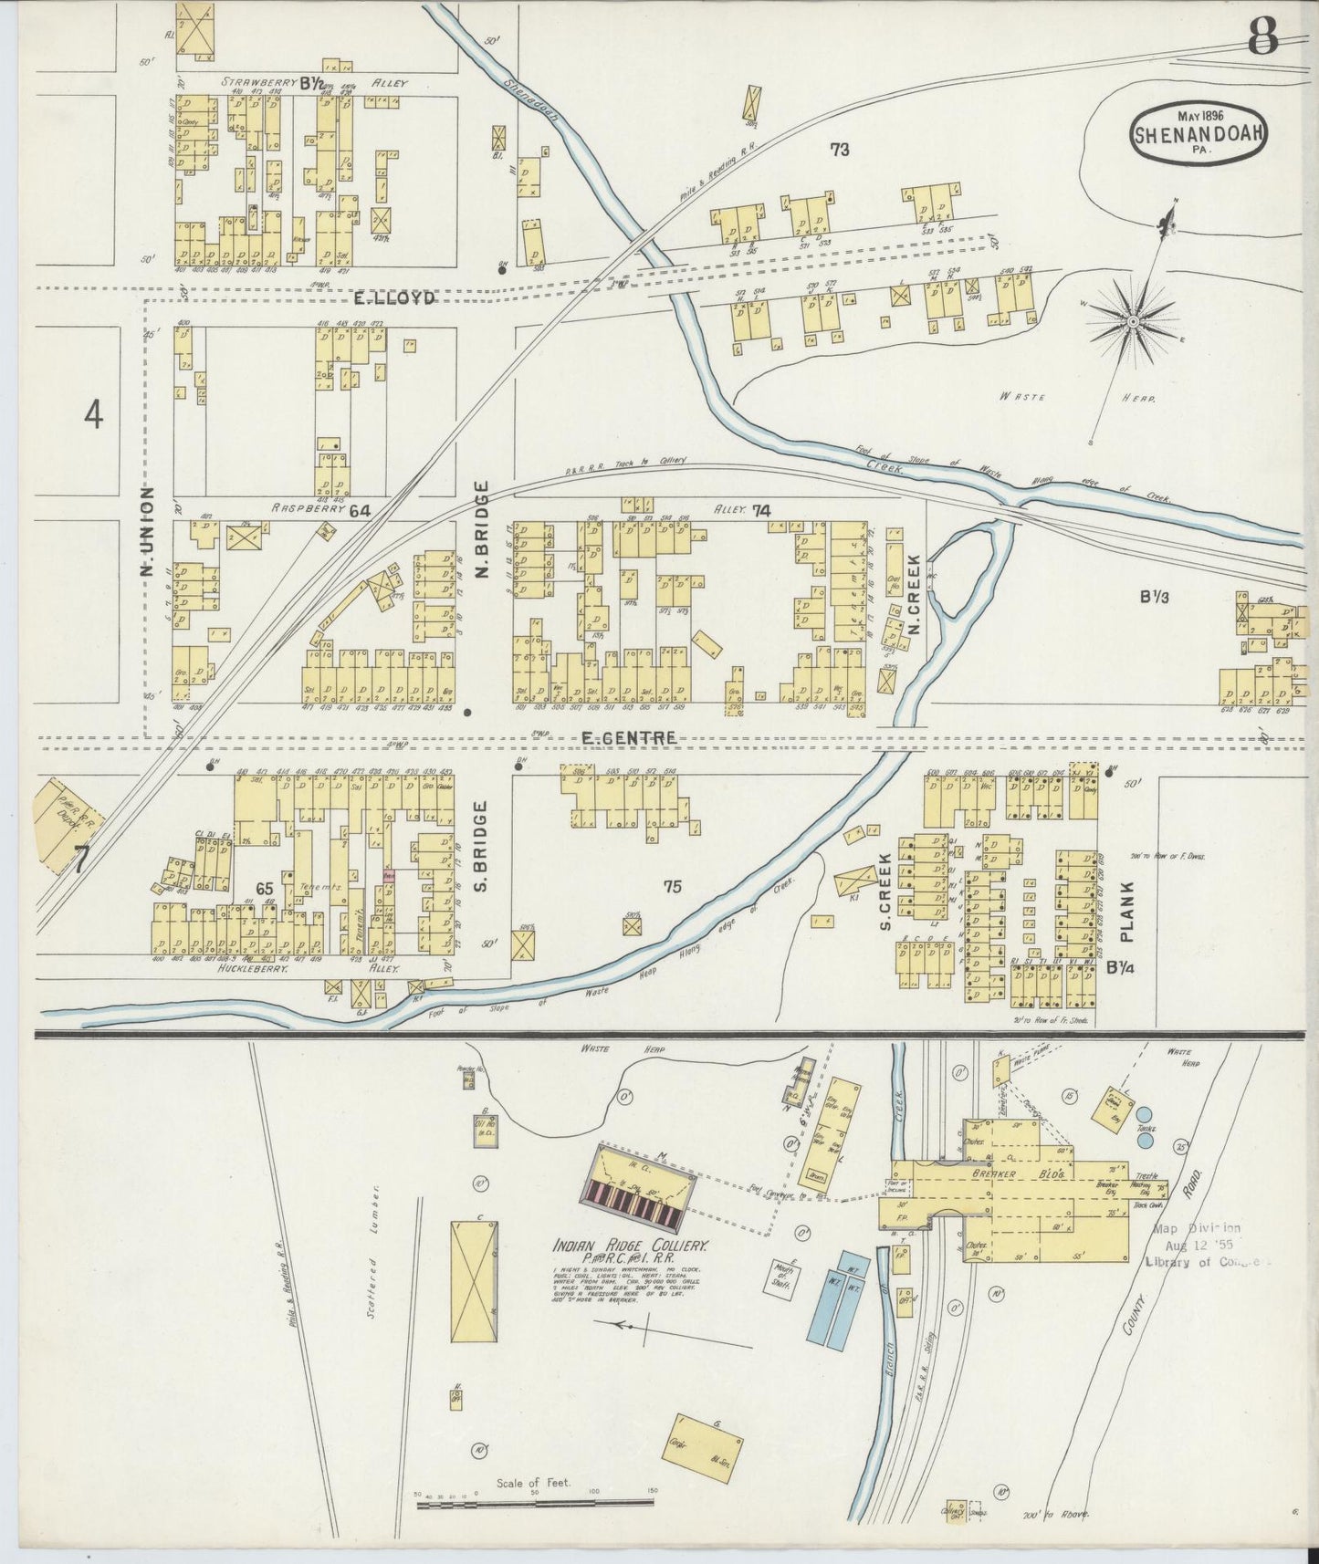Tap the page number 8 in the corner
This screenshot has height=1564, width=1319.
(1265, 37)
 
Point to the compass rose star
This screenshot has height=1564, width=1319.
(1132, 321)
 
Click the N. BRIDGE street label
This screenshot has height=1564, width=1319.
(483, 531)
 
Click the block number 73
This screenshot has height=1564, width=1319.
(840, 150)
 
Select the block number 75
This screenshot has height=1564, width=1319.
(673, 885)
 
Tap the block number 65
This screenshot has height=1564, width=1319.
(265, 888)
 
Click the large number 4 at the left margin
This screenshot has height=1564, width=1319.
(93, 415)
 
